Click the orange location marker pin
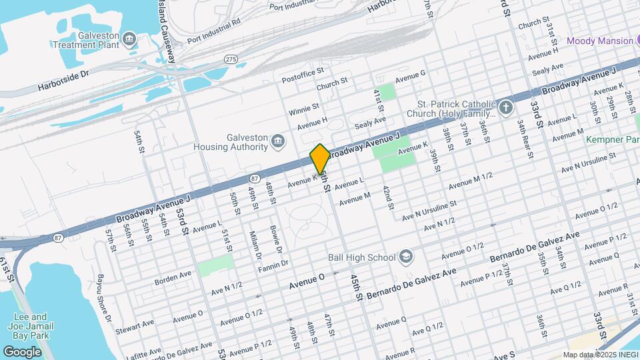click(320, 159)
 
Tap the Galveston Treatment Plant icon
click(128, 40)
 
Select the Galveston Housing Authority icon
click(278, 141)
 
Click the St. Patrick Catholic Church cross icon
click(506, 107)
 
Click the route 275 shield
click(231, 59)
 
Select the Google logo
click(22, 351)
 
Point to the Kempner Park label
click(612, 140)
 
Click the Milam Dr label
click(256, 246)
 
